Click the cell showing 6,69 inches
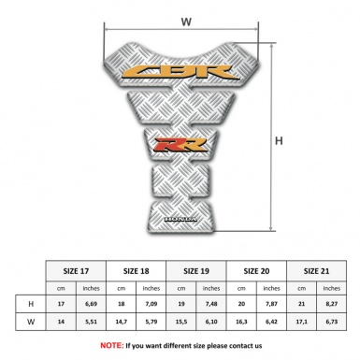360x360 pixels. (91, 304)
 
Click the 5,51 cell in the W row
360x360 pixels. (91, 322)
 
